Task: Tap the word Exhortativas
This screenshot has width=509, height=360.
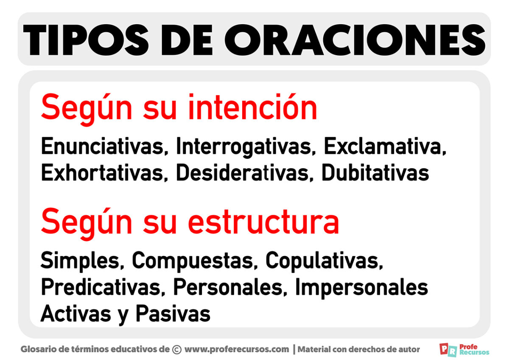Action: click(102, 173)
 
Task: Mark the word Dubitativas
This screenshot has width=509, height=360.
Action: click(375, 173)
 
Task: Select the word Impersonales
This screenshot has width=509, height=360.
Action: click(361, 288)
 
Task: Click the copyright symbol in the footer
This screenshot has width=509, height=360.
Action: click(177, 350)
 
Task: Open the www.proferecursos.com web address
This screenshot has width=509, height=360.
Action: click(237, 350)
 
